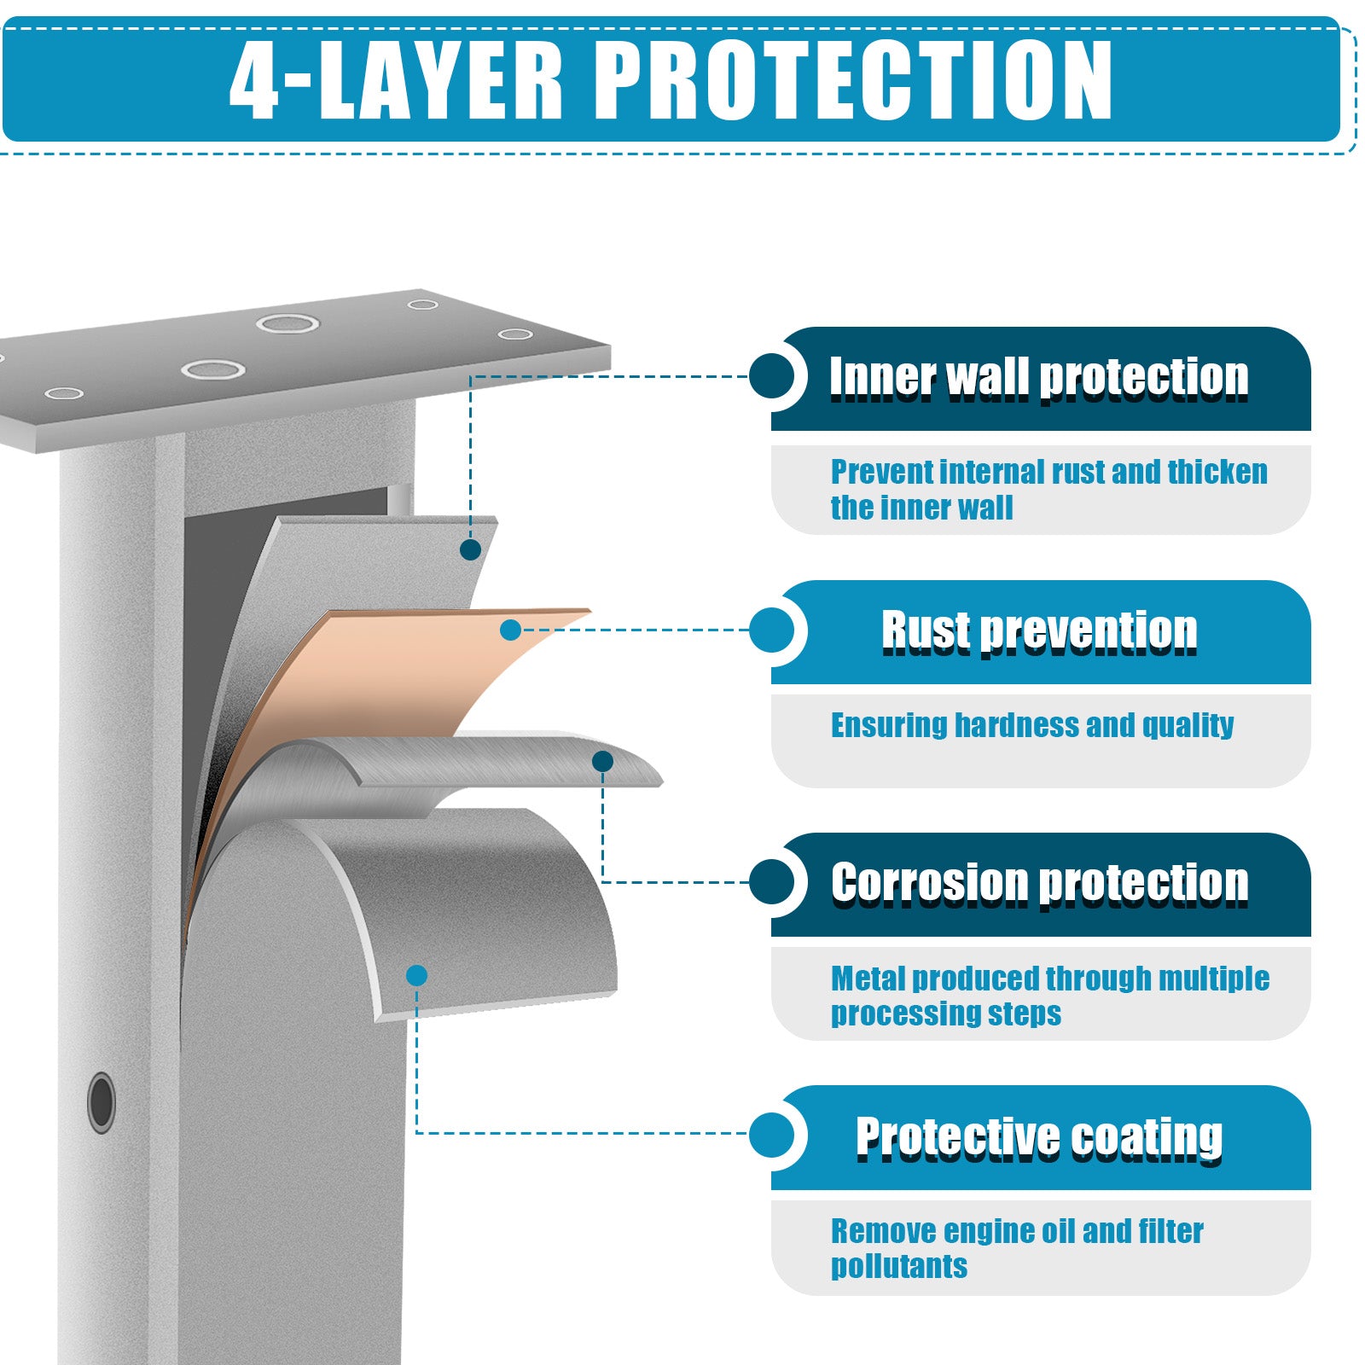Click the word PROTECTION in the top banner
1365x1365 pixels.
[x=853, y=78]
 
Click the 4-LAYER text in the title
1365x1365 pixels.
[x=397, y=78]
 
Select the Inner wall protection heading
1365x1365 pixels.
[x=1039, y=377]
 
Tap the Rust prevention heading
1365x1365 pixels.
[x=1039, y=631]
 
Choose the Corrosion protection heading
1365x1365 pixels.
[x=1040, y=883]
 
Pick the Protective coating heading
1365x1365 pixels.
[x=1039, y=1137]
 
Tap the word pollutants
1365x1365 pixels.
[x=899, y=1267]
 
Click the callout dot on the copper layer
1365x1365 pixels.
[x=510, y=630]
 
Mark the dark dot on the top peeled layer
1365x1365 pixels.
[x=470, y=550]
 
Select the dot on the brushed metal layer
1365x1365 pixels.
[x=602, y=762]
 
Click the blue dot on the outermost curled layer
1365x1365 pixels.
[x=416, y=975]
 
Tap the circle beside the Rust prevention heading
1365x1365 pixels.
[x=772, y=630]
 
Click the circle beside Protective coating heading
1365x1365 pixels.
[x=772, y=1136]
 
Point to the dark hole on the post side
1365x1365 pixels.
[x=102, y=1102]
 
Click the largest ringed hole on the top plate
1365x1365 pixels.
[x=288, y=323]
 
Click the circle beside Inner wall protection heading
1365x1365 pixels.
[x=772, y=376]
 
